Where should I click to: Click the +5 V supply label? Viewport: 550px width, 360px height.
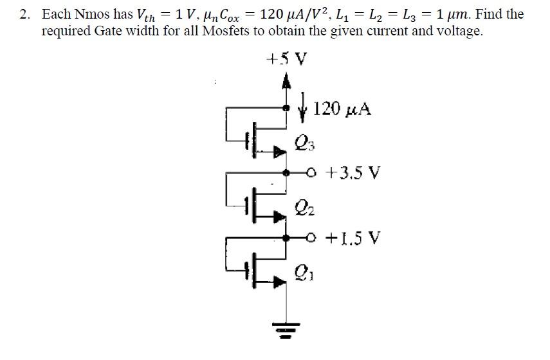pos(286,60)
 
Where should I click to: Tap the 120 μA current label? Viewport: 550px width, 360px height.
pos(344,109)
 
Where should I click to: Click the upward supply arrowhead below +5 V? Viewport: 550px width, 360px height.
pos(286,80)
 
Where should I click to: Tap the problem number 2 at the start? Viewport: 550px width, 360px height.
pos(24,14)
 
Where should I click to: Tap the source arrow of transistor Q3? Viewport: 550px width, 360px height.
pos(279,152)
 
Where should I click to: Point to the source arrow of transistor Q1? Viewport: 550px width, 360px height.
pos(279,281)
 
